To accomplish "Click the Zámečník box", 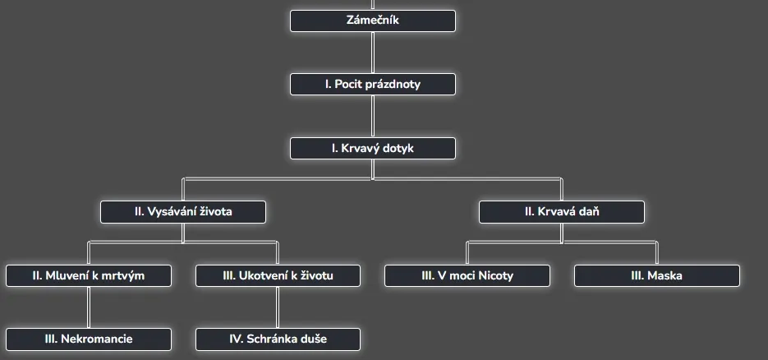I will click(x=372, y=21).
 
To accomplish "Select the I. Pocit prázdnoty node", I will click(x=372, y=85).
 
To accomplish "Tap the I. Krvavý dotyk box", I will click(x=372, y=149).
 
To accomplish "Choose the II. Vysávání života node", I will click(x=183, y=212).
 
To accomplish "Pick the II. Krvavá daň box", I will click(x=562, y=212).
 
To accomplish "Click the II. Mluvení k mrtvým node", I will click(x=89, y=275).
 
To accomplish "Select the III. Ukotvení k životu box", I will click(x=278, y=275).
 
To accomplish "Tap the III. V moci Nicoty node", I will click(x=467, y=275).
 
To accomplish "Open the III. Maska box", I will click(x=656, y=275).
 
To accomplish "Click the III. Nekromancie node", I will click(x=89, y=339).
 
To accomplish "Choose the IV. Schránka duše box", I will click(x=278, y=339).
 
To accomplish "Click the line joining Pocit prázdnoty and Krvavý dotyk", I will click(x=373, y=117).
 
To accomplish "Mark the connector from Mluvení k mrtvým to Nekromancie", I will click(x=89, y=307).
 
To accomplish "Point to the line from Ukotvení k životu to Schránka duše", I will click(x=278, y=307).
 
